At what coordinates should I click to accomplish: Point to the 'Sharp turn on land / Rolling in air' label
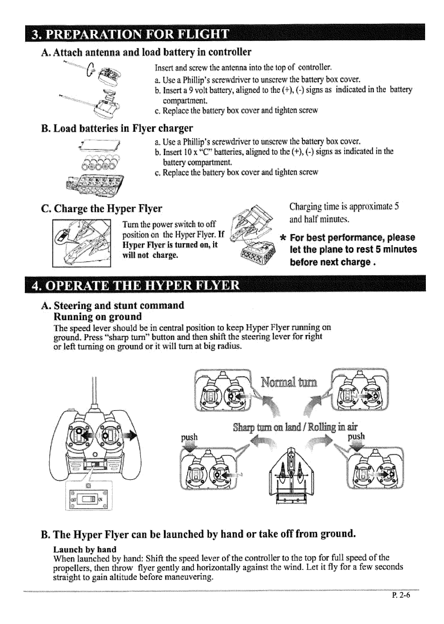click(296, 426)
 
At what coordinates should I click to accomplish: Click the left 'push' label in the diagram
click(189, 437)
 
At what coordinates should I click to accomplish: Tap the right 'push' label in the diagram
click(356, 436)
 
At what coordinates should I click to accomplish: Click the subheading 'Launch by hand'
click(85, 549)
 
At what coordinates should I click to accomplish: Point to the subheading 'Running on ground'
click(98, 316)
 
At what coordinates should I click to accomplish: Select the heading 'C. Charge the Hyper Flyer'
click(102, 208)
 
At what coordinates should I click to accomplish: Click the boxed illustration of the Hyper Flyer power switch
click(82, 243)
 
